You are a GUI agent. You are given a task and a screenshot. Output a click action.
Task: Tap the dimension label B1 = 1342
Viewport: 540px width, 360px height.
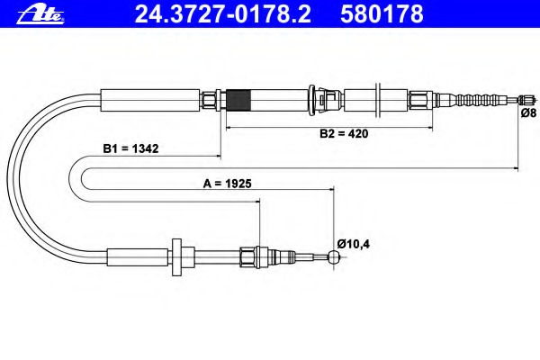tap(130, 149)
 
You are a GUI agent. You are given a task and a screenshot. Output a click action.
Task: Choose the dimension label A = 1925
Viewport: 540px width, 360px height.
tap(227, 183)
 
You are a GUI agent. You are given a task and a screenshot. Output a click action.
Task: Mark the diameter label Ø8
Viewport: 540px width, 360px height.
tap(529, 112)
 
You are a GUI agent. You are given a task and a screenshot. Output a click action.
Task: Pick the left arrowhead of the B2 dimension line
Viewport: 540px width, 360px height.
tap(228, 128)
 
